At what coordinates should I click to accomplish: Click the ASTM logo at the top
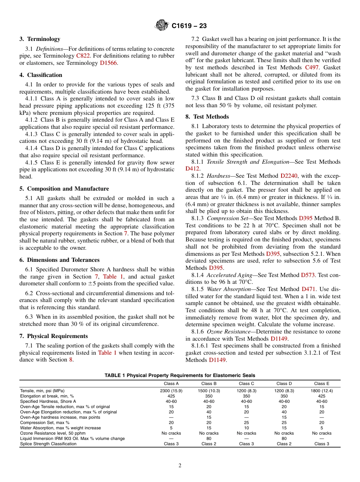(x=162, y=26)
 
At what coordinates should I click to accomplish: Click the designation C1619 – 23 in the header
(x=189, y=26)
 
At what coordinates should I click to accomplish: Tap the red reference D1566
(x=109, y=63)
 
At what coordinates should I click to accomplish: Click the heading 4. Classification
(x=41, y=75)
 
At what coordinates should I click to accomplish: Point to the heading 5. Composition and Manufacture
(x=64, y=189)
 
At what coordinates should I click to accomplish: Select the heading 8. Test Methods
(x=207, y=117)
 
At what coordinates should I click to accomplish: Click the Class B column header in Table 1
(x=209, y=383)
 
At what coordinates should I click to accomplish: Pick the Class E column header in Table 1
(x=322, y=383)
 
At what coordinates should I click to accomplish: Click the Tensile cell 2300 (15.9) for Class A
(x=171, y=391)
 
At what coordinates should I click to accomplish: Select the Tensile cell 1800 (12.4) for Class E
(x=322, y=391)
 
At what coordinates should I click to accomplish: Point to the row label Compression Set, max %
(x=45, y=423)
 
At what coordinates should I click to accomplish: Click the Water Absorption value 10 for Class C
(x=246, y=428)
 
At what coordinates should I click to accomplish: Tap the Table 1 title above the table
(x=180, y=376)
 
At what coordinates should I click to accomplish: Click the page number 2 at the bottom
(x=180, y=466)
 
